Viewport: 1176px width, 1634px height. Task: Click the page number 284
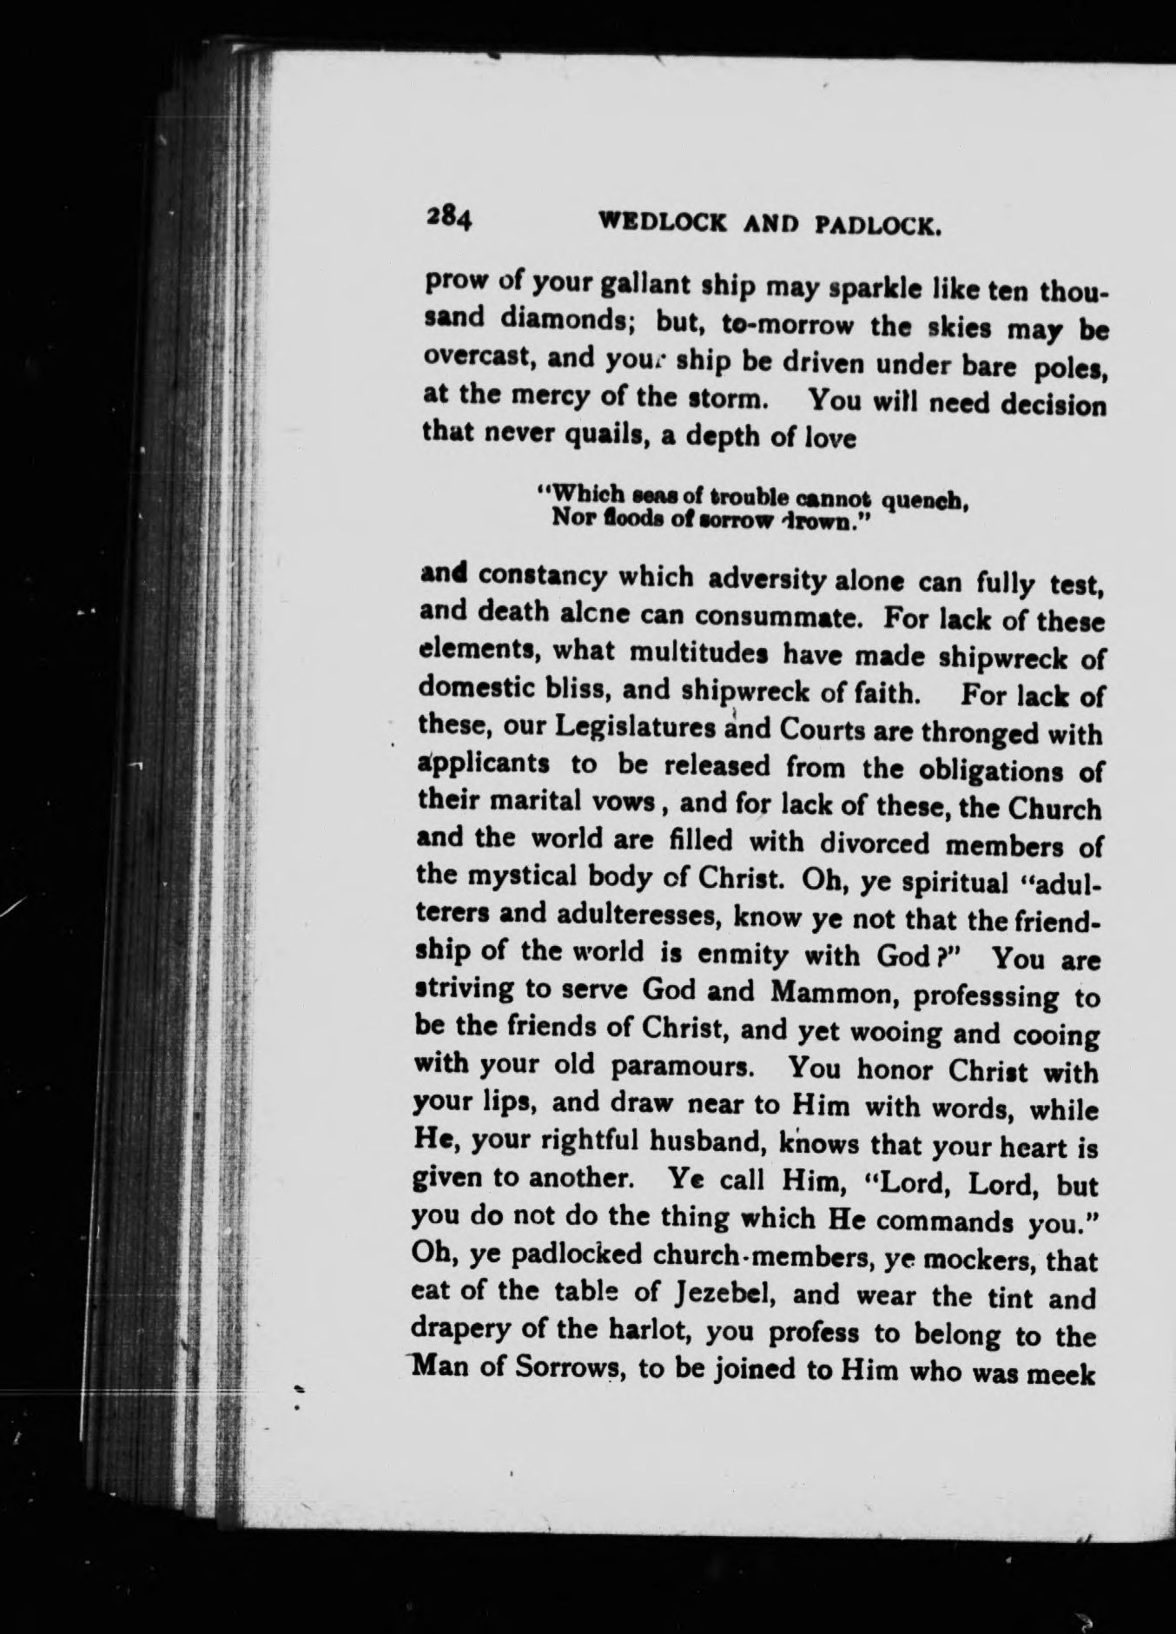pyautogui.click(x=448, y=217)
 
